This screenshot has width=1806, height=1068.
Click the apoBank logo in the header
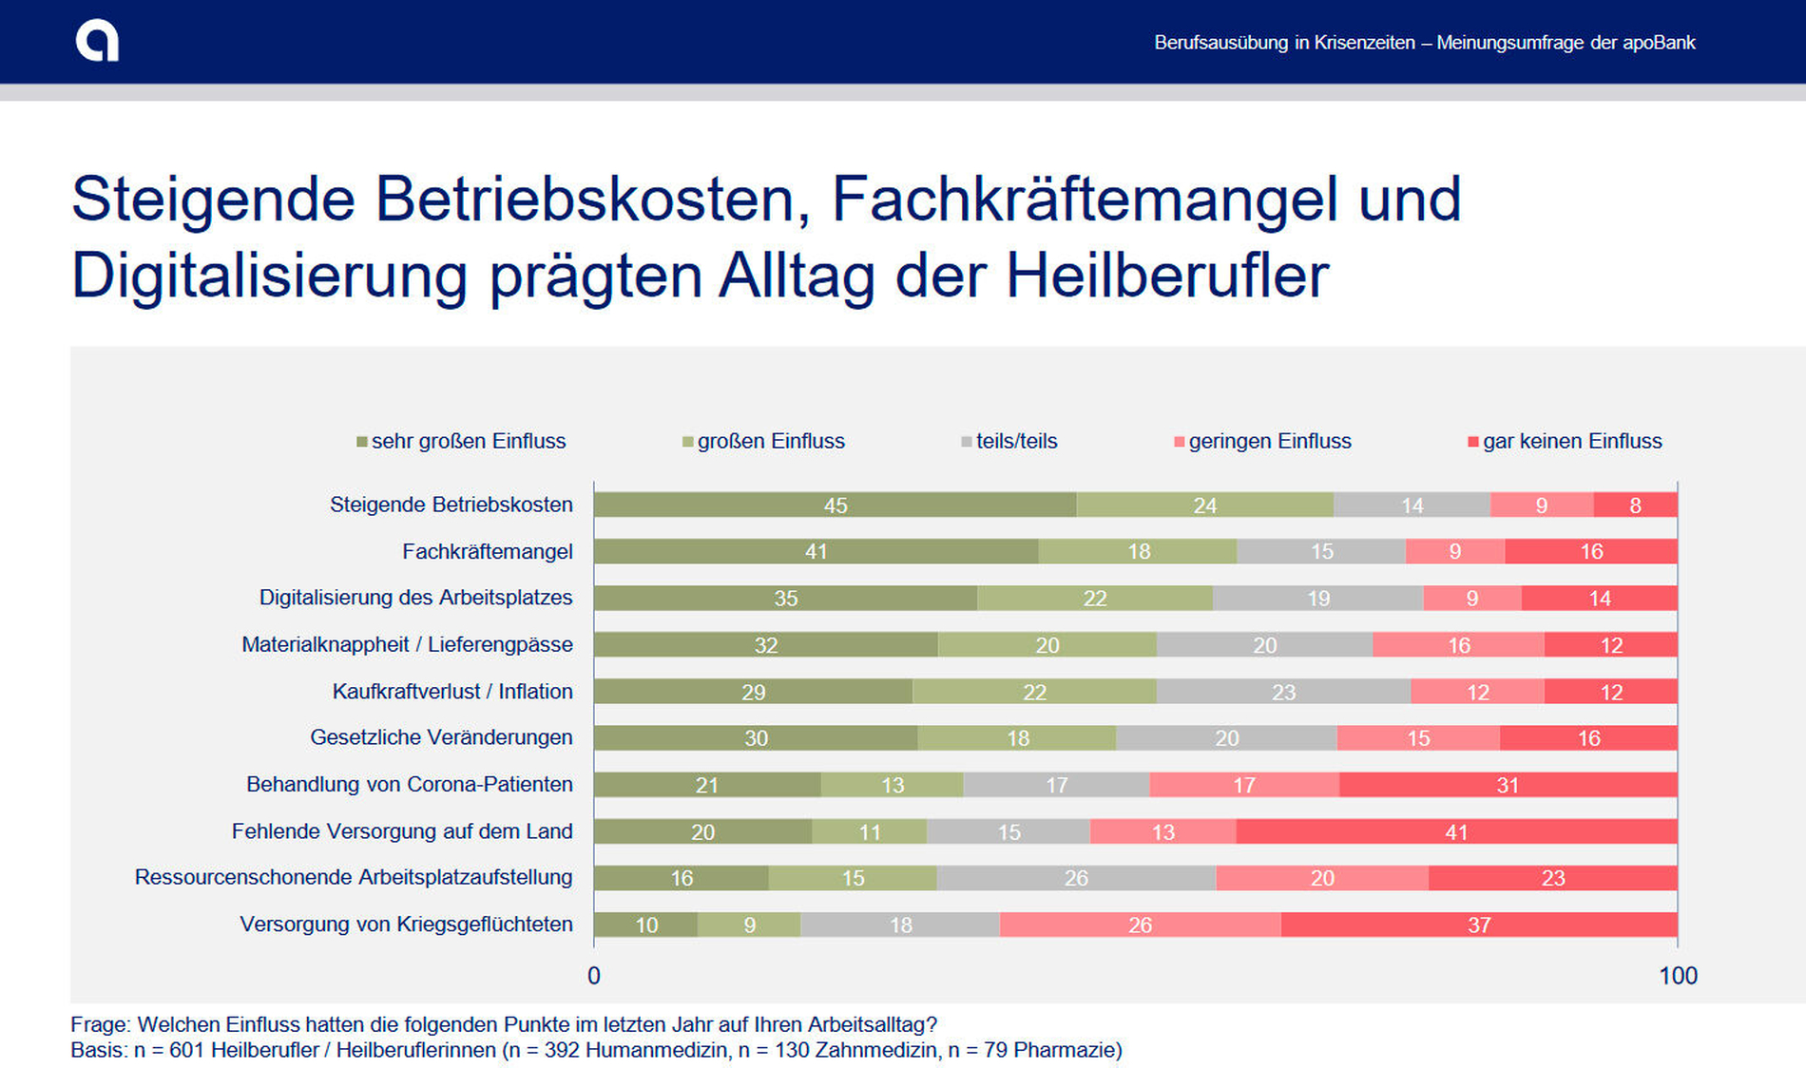point(97,42)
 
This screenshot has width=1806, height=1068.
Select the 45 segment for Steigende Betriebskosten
point(835,505)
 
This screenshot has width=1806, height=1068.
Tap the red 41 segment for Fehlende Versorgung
point(1456,832)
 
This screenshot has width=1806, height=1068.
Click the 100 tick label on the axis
point(1678,976)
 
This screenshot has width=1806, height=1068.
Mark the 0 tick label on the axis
point(594,976)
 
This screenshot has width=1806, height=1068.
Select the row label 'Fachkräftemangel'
point(487,552)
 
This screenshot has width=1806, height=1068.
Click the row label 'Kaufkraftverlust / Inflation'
point(452,692)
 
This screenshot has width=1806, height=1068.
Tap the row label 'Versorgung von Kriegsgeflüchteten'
point(406,925)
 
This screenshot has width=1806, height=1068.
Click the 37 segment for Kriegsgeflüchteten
point(1479,925)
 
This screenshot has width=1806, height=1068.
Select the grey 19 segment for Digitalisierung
point(1317,599)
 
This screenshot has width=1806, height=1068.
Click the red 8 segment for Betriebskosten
point(1635,505)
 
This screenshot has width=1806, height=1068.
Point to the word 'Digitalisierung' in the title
point(269,276)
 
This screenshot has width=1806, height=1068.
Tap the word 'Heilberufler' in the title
point(1166,276)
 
